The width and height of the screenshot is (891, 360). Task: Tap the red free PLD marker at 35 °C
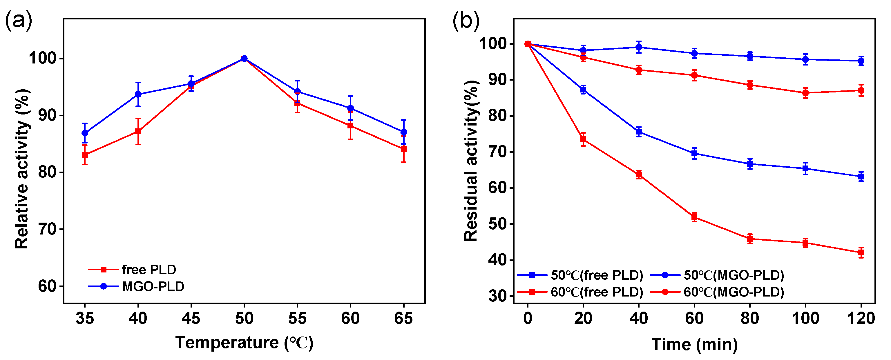pos(85,154)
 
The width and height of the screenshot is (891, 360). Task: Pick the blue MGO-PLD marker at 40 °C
pos(138,94)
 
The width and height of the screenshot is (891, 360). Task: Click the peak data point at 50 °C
pos(244,59)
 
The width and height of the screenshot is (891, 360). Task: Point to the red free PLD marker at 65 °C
pos(403,149)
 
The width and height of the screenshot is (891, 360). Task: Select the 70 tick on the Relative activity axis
pos(47,229)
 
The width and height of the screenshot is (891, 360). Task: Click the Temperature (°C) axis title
pos(244,342)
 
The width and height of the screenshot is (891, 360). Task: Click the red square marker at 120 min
pos(861,252)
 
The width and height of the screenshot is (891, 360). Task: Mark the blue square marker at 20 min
pos(583,90)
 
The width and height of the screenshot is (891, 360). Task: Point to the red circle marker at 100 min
pos(805,93)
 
